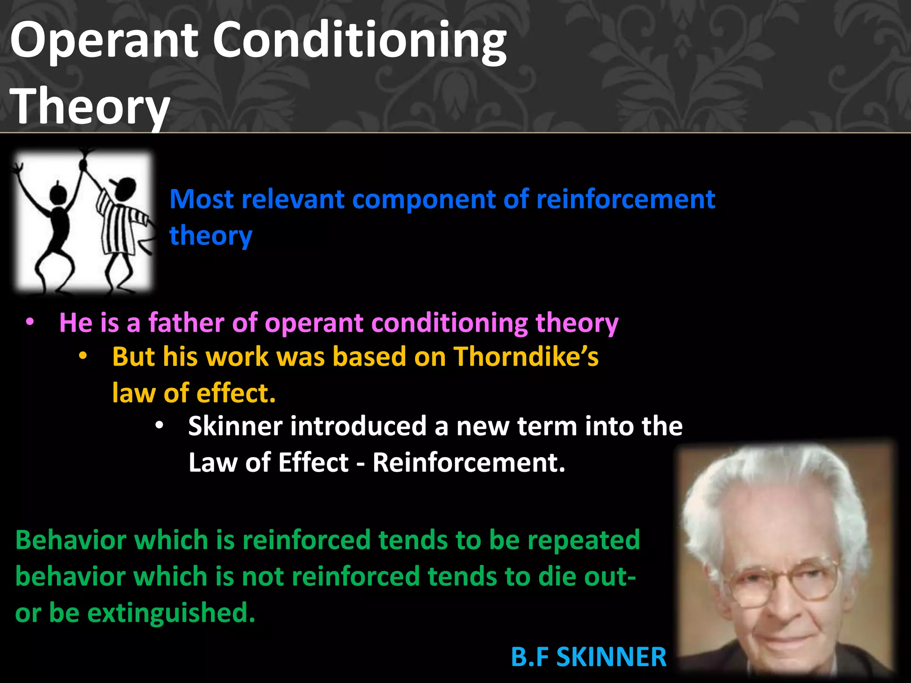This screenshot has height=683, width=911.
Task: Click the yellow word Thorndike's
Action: pos(526,357)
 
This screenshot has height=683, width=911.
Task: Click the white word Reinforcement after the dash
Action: pos(468,462)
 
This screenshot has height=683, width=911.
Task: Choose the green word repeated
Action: pos(584,540)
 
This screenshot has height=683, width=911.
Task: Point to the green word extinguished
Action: pos(171,613)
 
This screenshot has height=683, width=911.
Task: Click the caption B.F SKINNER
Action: pos(589,657)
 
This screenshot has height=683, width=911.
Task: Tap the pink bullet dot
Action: pos(30,322)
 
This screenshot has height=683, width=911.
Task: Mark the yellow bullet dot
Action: pos(83,357)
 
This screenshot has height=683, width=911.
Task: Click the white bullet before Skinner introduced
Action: pos(159,426)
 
